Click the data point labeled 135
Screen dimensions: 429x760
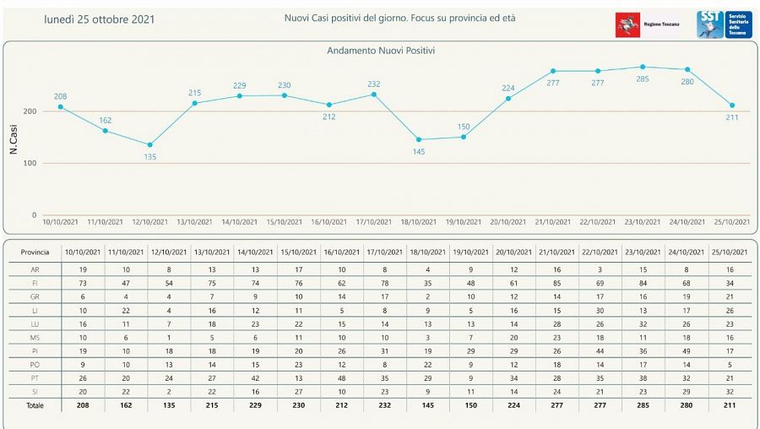[x=149, y=145]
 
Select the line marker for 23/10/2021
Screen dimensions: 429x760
[x=643, y=67]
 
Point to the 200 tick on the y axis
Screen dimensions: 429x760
[x=30, y=111]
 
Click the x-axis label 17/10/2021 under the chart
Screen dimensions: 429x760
[x=372, y=222]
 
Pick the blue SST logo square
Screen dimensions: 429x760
[x=708, y=24]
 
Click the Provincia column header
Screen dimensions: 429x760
[x=35, y=252]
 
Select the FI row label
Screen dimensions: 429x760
[x=35, y=282]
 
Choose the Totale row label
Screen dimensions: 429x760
[x=35, y=405]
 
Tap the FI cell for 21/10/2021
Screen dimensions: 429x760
[x=556, y=282]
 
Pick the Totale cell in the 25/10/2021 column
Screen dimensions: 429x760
[x=730, y=405]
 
